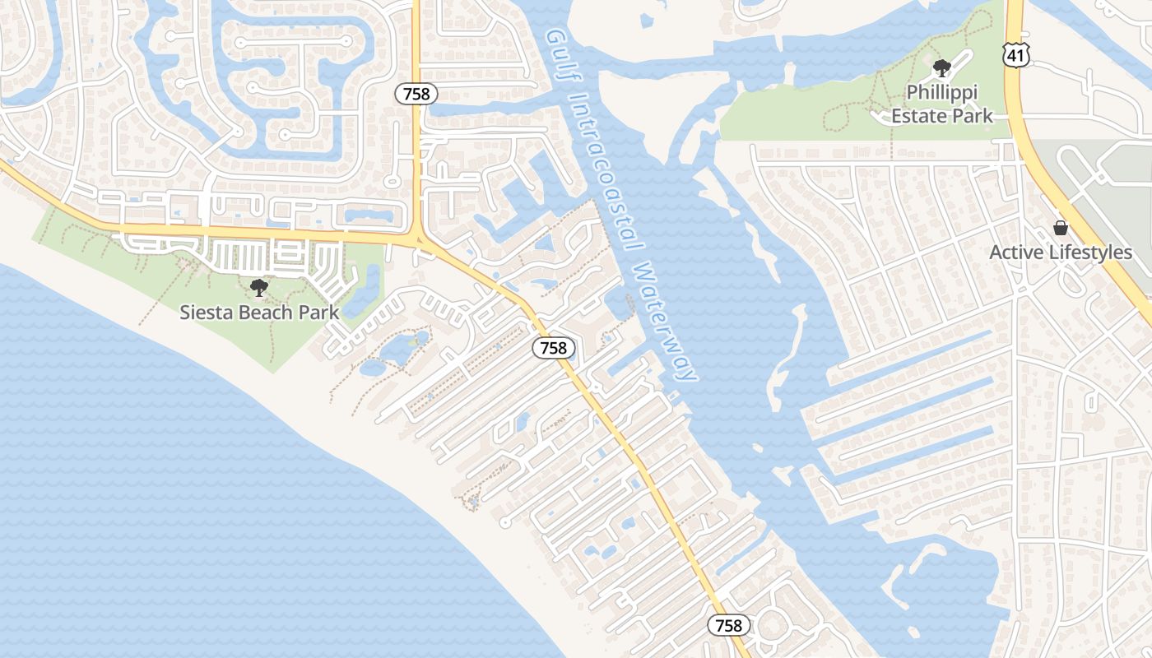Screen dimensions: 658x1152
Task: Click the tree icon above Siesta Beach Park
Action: [259, 288]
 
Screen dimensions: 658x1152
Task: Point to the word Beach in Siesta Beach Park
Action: [267, 313]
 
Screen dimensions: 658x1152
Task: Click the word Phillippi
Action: [941, 92]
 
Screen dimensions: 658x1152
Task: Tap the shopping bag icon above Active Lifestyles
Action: [1061, 228]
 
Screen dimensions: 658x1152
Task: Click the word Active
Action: [1015, 253]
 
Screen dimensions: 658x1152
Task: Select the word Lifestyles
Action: [1088, 253]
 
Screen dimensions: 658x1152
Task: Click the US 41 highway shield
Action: [1015, 54]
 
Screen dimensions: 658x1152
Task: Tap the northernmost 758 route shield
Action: [416, 94]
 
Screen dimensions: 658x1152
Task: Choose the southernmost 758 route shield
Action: [728, 626]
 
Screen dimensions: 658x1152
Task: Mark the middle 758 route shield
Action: [553, 348]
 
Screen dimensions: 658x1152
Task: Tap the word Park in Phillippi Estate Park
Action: [971, 116]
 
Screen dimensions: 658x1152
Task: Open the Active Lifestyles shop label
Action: [1060, 253]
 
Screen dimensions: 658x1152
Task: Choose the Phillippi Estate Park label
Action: [942, 104]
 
